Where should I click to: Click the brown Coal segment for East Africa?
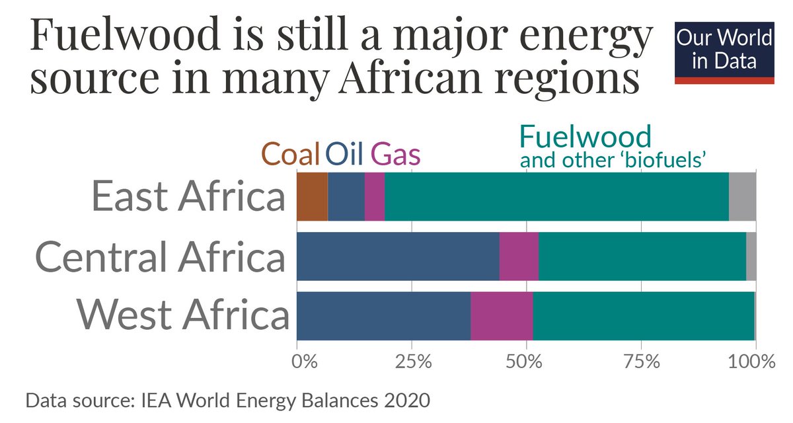coord(312,196)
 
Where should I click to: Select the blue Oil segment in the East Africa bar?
coord(346,196)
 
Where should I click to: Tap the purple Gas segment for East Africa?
coord(374,196)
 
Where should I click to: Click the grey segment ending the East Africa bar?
coord(742,196)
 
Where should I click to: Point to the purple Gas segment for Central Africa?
coord(519,256)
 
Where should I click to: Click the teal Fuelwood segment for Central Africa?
coord(642,256)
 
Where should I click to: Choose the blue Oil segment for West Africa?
coord(383,316)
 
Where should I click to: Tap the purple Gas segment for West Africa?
coord(502,316)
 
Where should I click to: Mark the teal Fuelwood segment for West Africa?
coord(643,316)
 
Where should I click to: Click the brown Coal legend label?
coord(291,154)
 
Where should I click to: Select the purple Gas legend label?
coord(395,154)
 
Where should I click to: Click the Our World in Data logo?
coord(724,52)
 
